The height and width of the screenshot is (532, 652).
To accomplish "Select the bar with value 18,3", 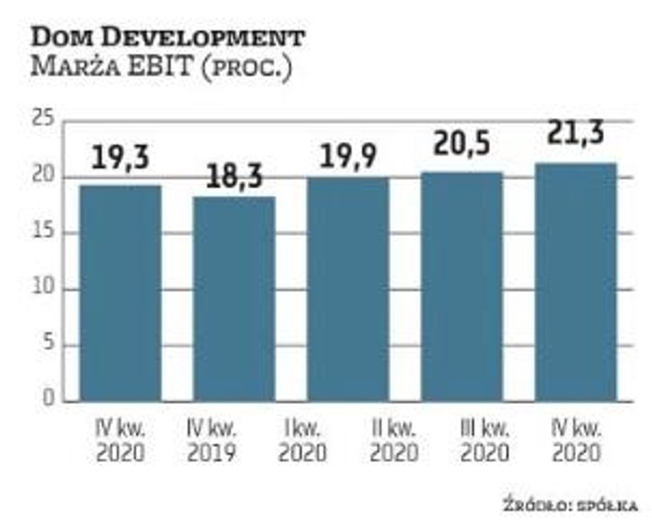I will click(234, 298).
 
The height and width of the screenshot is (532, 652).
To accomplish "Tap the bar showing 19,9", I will click(348, 289).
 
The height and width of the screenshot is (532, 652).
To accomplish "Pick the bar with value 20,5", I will click(462, 286).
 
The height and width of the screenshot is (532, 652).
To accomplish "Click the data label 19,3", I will click(120, 159).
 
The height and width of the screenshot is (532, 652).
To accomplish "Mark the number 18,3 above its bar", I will click(233, 175).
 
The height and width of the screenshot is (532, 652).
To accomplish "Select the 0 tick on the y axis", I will click(48, 400).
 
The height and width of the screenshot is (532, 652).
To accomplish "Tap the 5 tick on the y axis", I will click(48, 344).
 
